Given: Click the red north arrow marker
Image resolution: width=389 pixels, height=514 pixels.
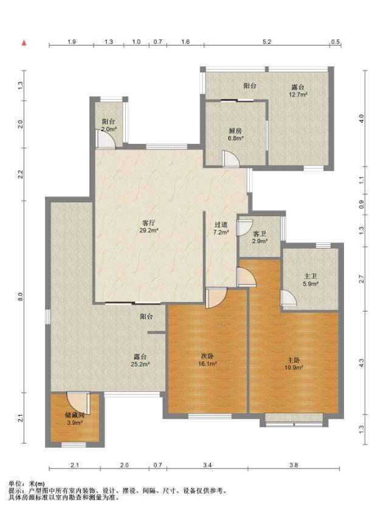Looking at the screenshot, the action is pyautogui.click(x=24, y=43).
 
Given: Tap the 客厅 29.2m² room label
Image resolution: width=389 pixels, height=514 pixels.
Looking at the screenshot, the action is pyautogui.click(x=149, y=227).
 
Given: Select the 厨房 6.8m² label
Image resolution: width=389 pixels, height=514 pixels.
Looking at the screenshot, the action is pyautogui.click(x=235, y=134).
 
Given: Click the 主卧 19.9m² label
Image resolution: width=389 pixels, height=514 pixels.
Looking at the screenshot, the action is pyautogui.click(x=294, y=364).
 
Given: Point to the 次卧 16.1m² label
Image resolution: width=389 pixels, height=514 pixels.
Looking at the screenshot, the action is pyautogui.click(x=207, y=360).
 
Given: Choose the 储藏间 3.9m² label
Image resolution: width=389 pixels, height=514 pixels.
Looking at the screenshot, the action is pyautogui.click(x=75, y=419).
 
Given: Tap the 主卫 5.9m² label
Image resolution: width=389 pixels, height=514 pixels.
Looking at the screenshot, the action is pyautogui.click(x=310, y=280).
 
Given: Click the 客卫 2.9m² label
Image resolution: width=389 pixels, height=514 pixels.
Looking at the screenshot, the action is pyautogui.click(x=260, y=238).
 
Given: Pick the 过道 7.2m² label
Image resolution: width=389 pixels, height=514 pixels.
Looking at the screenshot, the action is pyautogui.click(x=221, y=228).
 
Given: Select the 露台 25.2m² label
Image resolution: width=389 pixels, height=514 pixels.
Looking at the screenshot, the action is pyautogui.click(x=140, y=360).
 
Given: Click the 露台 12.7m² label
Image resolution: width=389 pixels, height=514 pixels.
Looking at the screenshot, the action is pyautogui.click(x=298, y=91).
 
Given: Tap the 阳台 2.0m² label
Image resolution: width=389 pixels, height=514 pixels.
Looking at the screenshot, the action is pyautogui.click(x=109, y=125).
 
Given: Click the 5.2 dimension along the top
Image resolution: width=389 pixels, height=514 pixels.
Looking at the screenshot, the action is pyautogui.click(x=267, y=42).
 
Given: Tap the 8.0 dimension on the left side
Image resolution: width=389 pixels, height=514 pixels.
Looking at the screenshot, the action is pyautogui.click(x=20, y=296).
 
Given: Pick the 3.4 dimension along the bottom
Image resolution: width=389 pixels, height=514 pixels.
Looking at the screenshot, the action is pyautogui.click(x=207, y=465).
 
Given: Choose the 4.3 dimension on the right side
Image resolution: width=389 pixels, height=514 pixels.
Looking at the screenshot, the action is pyautogui.click(x=362, y=363).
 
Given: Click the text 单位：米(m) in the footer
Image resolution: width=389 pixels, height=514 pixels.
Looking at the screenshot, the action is pyautogui.click(x=27, y=484).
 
